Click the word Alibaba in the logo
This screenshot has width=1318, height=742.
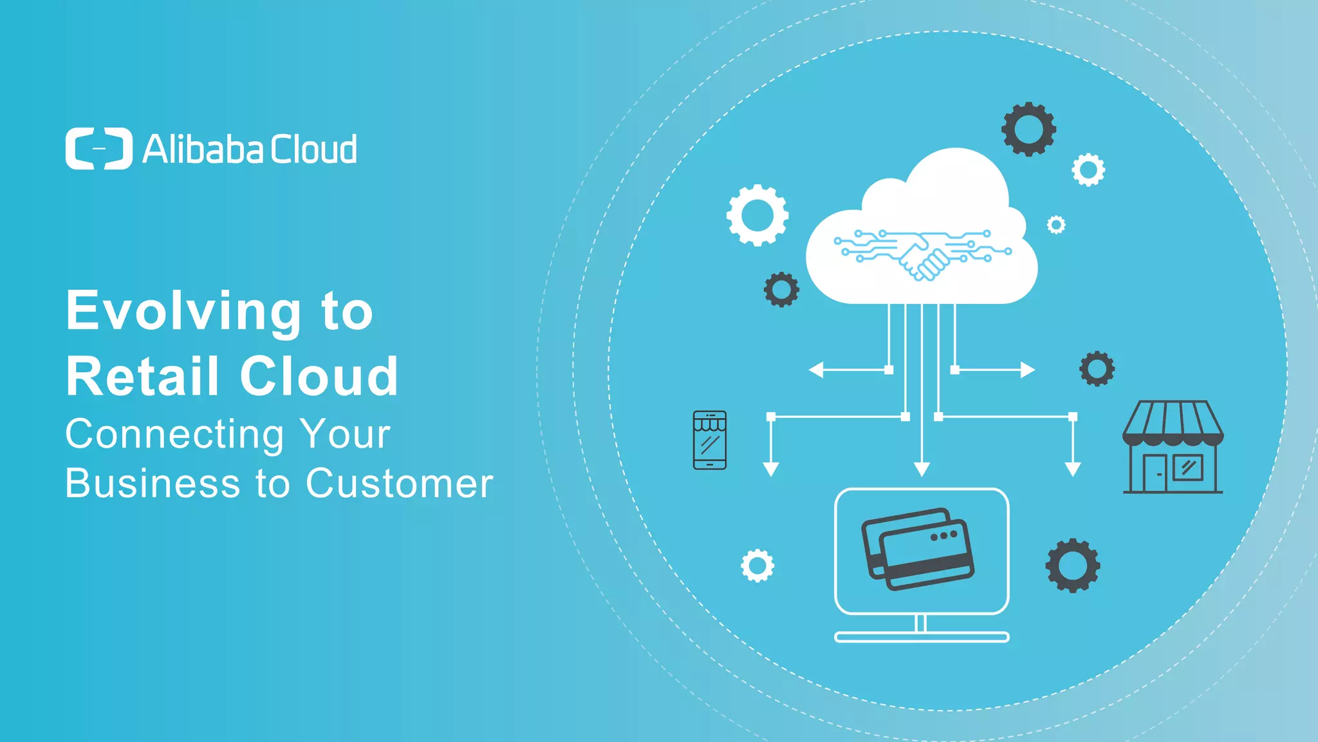coord(203,149)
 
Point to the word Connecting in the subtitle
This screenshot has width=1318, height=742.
coord(174,435)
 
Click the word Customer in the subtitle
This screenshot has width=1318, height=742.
coord(400,483)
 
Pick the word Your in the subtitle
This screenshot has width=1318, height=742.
coord(346,433)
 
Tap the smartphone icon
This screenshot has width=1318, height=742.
coord(710,440)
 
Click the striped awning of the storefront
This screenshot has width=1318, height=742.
coord(1173,423)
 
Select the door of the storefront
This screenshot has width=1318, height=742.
coord(1155,473)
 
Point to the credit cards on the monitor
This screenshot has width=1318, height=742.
coord(918,549)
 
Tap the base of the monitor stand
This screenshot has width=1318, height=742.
coord(922,637)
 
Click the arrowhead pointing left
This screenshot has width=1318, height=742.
coord(816,370)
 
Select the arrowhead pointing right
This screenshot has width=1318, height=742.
coord(1028,370)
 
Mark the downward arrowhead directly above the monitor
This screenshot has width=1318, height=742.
coord(922,469)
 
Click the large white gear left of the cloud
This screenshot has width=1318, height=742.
coord(757,215)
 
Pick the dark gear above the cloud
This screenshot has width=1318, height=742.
coord(1028,129)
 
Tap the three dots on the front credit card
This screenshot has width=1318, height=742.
coord(943,535)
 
